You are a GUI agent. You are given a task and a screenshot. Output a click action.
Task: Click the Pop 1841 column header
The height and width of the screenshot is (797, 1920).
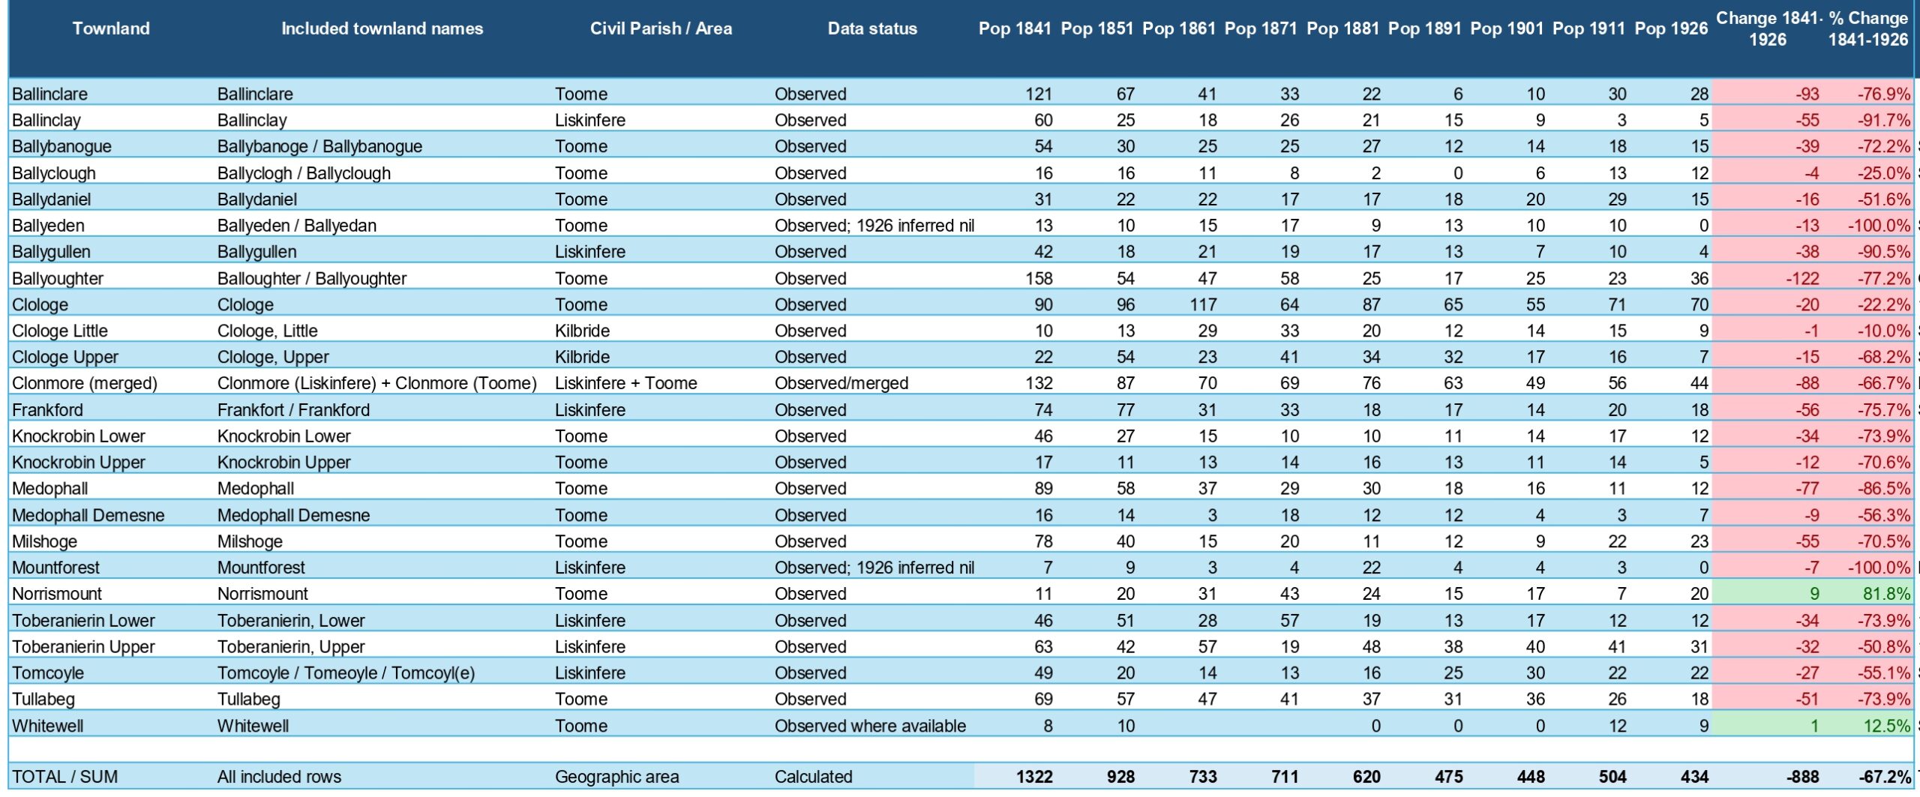click(1015, 28)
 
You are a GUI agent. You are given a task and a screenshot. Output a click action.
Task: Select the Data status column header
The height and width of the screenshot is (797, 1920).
click(872, 28)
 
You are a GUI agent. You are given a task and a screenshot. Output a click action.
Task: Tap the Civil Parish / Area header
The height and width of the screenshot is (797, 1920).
click(661, 28)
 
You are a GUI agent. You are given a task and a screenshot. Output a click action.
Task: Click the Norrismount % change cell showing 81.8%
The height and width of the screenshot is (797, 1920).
click(1886, 594)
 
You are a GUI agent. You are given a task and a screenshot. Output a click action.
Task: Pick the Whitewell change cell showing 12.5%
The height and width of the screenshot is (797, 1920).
click(1886, 726)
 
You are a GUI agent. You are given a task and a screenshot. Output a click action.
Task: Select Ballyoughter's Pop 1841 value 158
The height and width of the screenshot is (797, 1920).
click(1039, 278)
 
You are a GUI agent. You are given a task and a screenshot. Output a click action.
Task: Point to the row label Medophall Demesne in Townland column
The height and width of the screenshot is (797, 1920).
click(88, 515)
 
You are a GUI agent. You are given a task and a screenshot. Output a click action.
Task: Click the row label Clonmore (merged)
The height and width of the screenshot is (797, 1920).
click(85, 383)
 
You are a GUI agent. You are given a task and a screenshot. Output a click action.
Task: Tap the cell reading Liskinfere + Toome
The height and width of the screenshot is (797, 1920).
click(626, 383)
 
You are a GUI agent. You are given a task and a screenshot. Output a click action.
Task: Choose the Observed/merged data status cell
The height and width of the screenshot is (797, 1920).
click(841, 383)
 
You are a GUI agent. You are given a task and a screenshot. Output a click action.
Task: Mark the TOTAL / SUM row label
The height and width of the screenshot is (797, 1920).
click(65, 777)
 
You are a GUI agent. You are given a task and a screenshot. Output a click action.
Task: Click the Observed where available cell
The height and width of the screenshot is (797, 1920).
click(871, 726)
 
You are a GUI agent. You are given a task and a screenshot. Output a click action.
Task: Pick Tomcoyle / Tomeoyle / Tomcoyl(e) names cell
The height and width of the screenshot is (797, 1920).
click(346, 673)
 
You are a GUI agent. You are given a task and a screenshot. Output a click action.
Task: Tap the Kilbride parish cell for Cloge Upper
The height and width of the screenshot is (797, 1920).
click(583, 357)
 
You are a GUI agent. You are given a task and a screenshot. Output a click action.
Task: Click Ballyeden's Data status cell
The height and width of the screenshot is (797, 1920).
click(874, 226)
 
